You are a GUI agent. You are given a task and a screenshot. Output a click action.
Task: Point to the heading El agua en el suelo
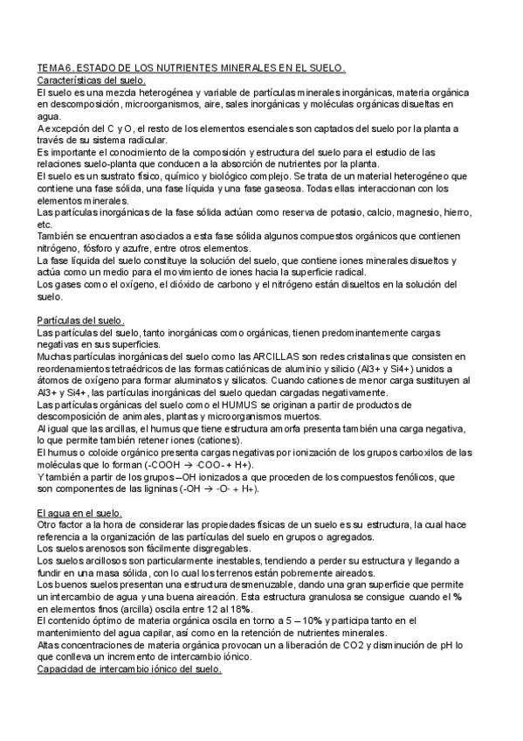pos(79,512)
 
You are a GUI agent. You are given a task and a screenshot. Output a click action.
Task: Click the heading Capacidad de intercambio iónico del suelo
pos(129,670)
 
